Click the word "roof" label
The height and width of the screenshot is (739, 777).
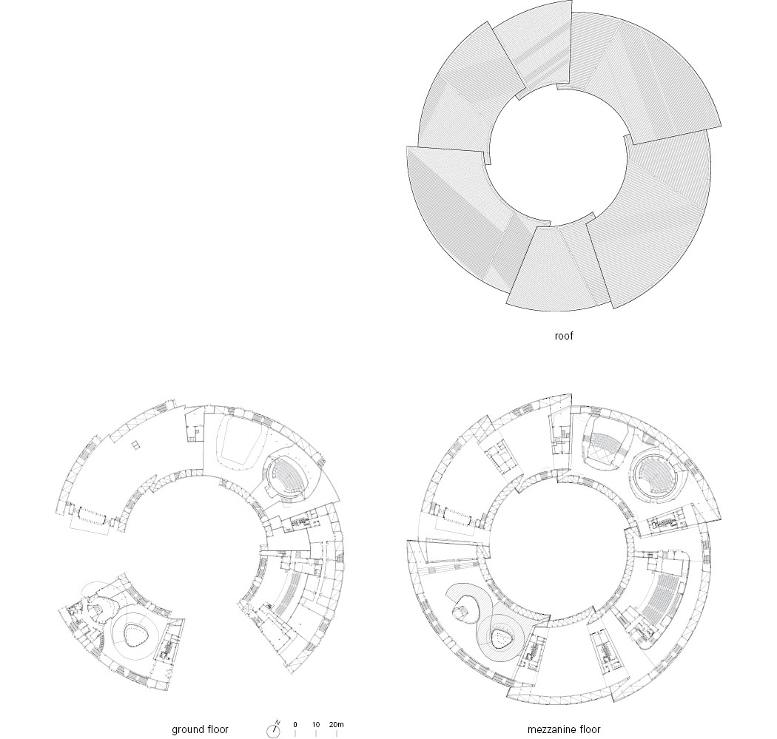[x=563, y=336]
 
